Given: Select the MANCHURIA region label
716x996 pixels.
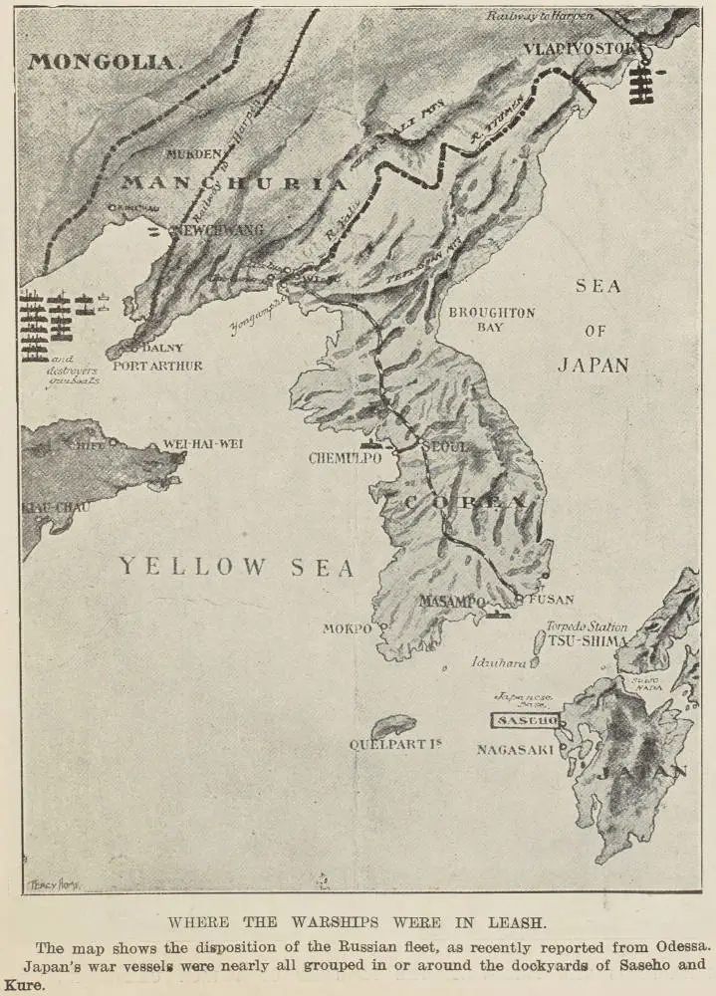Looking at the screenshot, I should (x=234, y=183).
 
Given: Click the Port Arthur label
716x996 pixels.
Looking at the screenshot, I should (x=158, y=366).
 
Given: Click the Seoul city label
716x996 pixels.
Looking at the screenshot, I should (x=446, y=447).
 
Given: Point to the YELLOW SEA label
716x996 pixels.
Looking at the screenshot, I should (x=237, y=568).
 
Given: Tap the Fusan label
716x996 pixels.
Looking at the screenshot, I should (x=551, y=600).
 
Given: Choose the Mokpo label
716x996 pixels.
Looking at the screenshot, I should (x=347, y=628).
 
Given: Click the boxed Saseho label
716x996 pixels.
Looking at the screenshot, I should (x=525, y=719).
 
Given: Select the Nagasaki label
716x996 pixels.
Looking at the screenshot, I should (x=514, y=749).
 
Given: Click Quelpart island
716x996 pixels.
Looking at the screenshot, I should (x=393, y=726).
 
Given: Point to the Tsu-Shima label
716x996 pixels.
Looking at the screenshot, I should (x=586, y=641).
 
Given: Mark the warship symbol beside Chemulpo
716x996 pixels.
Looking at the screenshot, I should (x=370, y=441).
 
